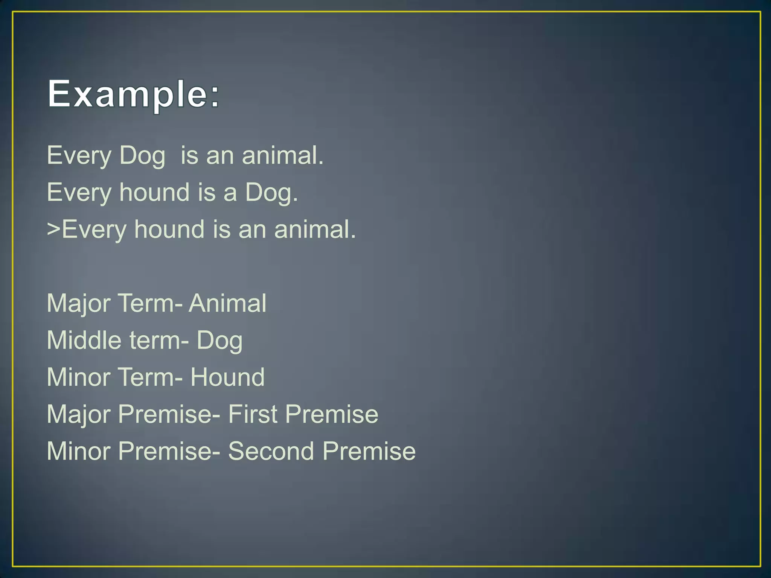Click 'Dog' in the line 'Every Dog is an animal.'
(x=142, y=155)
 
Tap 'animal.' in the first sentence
(x=282, y=155)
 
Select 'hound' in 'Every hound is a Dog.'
(x=154, y=192)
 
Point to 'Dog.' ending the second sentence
(x=271, y=192)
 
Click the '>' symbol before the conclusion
(x=53, y=229)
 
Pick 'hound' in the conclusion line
(x=169, y=229)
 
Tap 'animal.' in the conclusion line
(x=315, y=229)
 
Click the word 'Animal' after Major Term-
(x=227, y=303)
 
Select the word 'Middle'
(x=84, y=340)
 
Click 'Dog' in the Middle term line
(x=219, y=341)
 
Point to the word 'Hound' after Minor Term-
(x=227, y=377)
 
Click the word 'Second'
(x=271, y=451)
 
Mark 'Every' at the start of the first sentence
(x=79, y=155)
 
